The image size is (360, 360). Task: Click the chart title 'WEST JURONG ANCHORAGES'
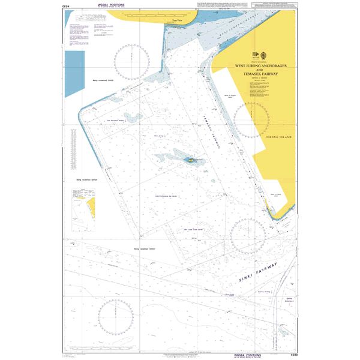[261, 65]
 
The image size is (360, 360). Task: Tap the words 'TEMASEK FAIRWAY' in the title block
[261, 74]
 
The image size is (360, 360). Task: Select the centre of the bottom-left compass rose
[114, 316]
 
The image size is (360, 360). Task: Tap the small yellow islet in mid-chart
[191, 160]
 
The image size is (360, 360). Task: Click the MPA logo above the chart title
[260, 55]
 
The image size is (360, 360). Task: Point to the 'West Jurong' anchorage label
[160, 136]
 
